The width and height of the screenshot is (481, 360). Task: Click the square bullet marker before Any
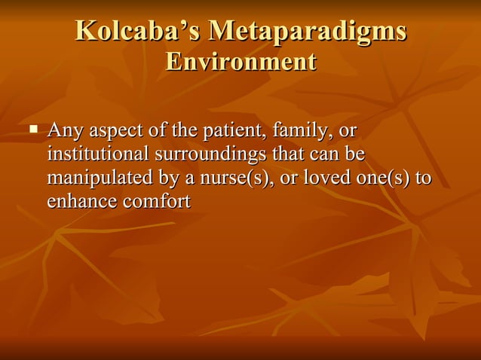click(x=33, y=130)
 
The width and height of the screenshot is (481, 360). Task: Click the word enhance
click(x=78, y=203)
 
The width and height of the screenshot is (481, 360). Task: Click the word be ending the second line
click(x=355, y=155)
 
